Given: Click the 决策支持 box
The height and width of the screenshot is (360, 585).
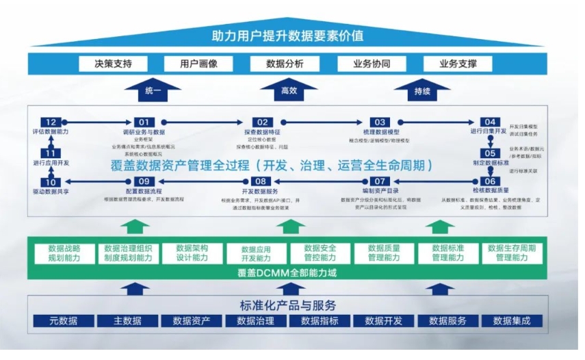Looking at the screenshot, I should click(114, 64).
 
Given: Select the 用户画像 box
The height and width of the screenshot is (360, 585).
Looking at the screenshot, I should click(198, 64).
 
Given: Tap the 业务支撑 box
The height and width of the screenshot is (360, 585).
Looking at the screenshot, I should click(457, 64).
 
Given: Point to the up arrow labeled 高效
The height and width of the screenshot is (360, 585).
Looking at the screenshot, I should click(289, 90).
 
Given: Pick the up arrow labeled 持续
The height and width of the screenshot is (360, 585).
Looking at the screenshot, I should click(422, 90).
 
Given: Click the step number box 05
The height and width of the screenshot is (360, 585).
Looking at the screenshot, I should click(489, 153).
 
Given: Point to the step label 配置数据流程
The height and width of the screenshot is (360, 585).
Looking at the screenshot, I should click(144, 191).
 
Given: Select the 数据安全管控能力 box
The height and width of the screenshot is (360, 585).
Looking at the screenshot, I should click(320, 253).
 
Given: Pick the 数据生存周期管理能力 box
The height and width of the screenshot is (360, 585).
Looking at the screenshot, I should click(511, 253).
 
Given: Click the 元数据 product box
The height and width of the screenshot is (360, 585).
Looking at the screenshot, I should click(64, 320).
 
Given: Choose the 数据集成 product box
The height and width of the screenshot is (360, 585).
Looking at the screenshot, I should click(511, 320).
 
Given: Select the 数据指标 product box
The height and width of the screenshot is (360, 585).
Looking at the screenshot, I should click(320, 320).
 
